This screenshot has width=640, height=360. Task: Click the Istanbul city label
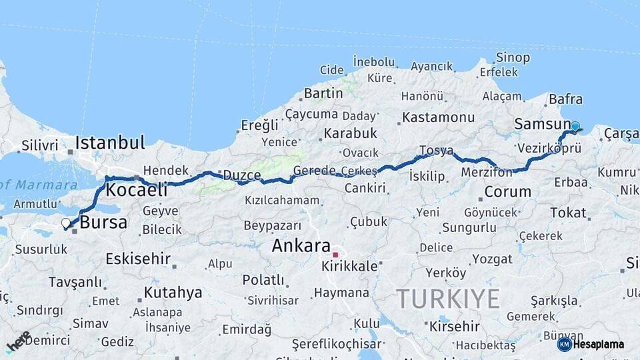(110, 142)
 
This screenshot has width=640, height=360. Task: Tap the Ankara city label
(301, 245)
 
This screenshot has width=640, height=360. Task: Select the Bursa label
(103, 223)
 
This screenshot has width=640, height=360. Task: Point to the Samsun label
(541, 125)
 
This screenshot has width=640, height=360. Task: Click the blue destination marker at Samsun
(575, 126)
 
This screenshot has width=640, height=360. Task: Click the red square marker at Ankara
(336, 254)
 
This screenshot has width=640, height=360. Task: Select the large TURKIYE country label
(447, 299)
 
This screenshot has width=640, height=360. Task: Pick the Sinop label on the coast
(513, 58)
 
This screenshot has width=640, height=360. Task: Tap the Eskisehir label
(138, 259)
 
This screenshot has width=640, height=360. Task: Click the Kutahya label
(173, 292)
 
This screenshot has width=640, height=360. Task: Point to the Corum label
(507, 192)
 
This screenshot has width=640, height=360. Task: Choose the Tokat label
(568, 213)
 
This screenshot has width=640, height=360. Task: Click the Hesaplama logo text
(599, 345)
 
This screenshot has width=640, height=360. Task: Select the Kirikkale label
(349, 266)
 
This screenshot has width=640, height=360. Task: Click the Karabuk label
(351, 133)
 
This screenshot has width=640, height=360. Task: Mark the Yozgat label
(492, 259)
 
